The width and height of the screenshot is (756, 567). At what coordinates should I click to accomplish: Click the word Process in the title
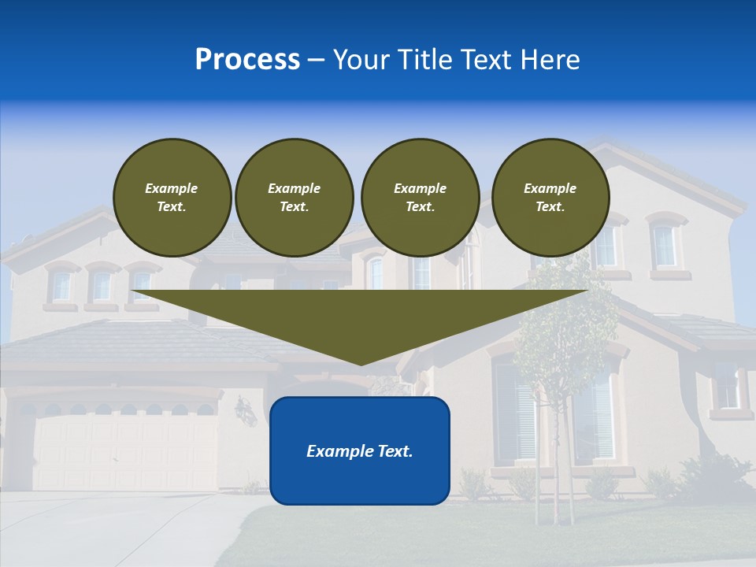pos(247,60)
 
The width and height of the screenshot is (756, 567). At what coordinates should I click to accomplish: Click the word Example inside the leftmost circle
pos(171,188)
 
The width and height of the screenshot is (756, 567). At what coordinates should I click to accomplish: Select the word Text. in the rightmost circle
pos(550,207)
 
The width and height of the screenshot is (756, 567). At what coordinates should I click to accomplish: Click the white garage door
pos(126,453)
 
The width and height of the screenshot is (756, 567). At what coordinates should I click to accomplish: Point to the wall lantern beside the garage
pos(245,409)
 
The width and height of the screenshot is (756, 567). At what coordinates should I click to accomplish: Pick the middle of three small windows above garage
pos(102,285)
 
